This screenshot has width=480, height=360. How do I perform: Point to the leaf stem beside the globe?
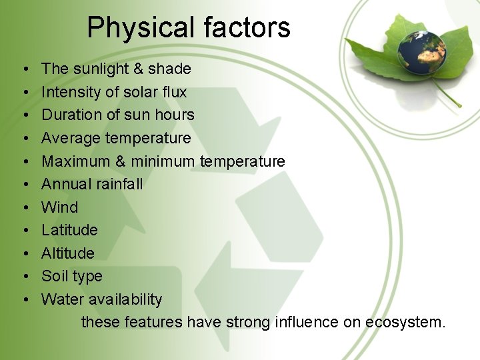pyautogui.click(x=448, y=97)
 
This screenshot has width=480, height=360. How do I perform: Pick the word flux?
pyautogui.click(x=175, y=92)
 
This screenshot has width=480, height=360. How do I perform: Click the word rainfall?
pyautogui.click(x=120, y=184)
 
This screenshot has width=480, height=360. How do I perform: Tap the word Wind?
pyautogui.click(x=59, y=207)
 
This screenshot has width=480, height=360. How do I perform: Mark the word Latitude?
pyautogui.click(x=69, y=230)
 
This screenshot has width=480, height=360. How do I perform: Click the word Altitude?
pyautogui.click(x=68, y=253)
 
